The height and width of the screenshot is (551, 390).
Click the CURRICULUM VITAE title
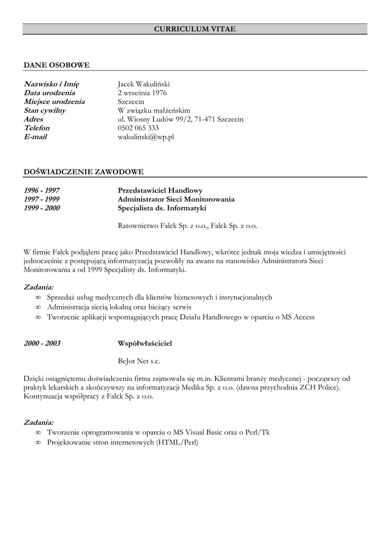click(194, 29)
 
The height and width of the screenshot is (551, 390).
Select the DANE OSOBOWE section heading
click(57, 65)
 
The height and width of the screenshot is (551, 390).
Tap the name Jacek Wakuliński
click(143, 84)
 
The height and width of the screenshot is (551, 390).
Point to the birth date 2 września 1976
click(142, 93)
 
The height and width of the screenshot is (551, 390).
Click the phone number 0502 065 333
click(138, 128)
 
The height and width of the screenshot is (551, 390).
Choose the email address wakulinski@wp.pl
click(145, 137)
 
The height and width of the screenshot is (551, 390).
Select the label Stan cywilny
click(45, 110)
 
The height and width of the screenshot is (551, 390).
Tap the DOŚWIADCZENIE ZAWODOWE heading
click(83, 172)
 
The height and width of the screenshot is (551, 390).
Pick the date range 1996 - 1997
click(41, 190)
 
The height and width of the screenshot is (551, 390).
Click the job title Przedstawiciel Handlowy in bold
click(160, 190)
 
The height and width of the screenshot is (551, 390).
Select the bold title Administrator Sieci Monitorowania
click(176, 199)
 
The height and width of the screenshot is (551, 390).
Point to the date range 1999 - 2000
click(41, 208)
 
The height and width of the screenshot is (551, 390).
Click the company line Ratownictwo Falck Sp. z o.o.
click(187, 226)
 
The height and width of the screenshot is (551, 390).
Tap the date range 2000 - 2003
click(42, 343)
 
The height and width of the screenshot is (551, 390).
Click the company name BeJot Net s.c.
click(139, 362)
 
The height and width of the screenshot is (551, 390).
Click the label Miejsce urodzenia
click(54, 101)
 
